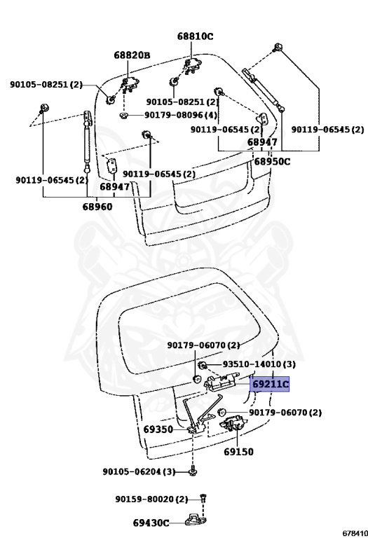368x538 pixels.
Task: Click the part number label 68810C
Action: click(x=195, y=36)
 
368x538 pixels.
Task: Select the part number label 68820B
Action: click(x=132, y=55)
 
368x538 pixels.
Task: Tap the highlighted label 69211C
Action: click(x=269, y=385)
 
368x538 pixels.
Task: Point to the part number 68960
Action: click(x=97, y=207)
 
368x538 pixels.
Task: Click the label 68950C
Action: click(x=272, y=161)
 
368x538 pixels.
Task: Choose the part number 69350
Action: click(x=158, y=429)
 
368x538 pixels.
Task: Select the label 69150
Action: click(x=238, y=452)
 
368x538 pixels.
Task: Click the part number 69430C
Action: click(x=151, y=523)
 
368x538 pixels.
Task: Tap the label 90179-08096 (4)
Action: click(x=181, y=115)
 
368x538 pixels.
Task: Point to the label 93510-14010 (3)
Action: click(x=259, y=364)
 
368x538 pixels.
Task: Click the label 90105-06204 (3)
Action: click(x=139, y=471)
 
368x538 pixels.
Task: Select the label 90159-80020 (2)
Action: click(x=151, y=499)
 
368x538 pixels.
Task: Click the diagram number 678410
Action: click(x=355, y=533)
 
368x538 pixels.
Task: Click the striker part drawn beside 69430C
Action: click(x=196, y=520)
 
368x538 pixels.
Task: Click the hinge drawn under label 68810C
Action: click(x=192, y=66)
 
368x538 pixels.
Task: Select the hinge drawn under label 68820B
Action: click(x=129, y=84)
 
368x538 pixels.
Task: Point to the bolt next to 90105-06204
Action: click(x=193, y=471)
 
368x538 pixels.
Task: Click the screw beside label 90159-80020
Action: click(x=203, y=499)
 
